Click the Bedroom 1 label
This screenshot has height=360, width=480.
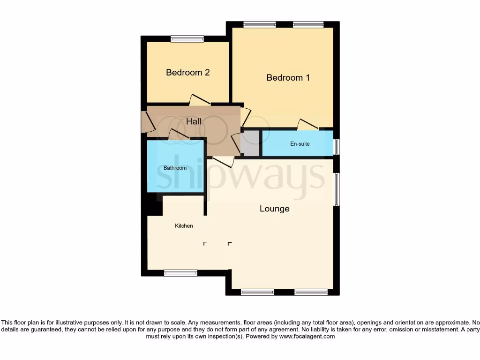coord(288,78)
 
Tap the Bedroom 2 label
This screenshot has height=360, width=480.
coord(187,73)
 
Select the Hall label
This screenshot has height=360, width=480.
coord(194,122)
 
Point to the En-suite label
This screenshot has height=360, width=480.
coord(300,144)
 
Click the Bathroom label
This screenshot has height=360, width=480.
coord(175,168)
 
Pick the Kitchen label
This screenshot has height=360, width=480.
coord(184,226)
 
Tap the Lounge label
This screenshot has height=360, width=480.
coord(274,209)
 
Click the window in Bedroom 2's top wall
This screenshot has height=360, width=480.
coord(187,39)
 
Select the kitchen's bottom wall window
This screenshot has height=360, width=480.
coord(180,273)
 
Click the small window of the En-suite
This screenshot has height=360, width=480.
coord(336,147)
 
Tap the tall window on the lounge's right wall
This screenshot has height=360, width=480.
coord(336,189)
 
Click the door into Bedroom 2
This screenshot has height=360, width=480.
coord(200,100)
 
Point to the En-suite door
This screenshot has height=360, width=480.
coord(307,124)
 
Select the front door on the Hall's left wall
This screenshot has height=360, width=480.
coord(147,122)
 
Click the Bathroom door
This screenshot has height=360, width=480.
coord(179,135)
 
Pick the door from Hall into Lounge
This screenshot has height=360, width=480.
coord(223,162)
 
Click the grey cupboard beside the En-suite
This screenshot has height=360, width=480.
coord(250,143)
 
